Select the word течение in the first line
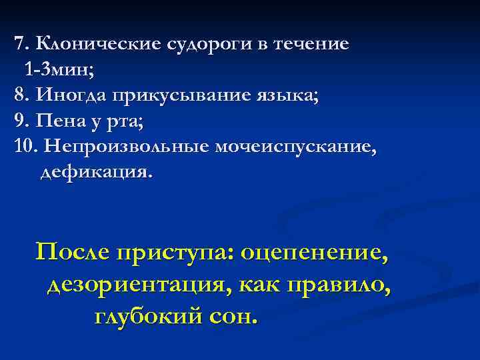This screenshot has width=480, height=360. point(316,45)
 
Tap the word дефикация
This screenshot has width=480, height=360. point(96,173)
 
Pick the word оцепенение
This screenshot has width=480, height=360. point(312,253)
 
